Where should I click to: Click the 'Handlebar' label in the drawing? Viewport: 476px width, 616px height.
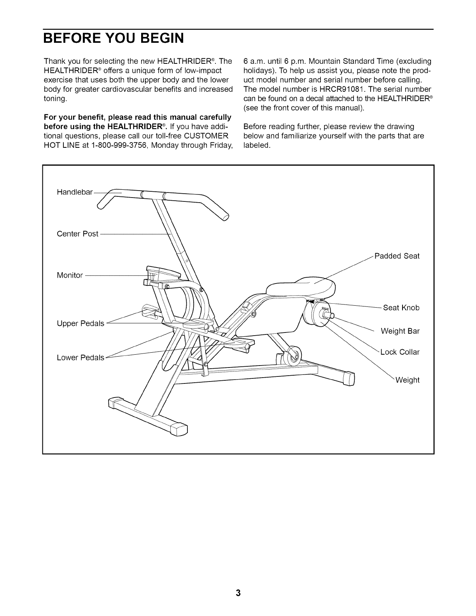click(75, 192)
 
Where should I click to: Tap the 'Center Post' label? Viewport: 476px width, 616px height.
click(77, 234)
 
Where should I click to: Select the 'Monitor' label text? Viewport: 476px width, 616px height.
click(70, 275)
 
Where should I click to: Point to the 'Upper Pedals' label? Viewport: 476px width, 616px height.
click(80, 324)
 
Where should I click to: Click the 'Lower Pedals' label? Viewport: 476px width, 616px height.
click(80, 357)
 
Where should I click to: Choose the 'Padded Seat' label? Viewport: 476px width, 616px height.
click(397, 256)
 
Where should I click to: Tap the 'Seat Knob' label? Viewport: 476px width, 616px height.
click(401, 308)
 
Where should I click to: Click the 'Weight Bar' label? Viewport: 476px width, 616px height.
click(400, 331)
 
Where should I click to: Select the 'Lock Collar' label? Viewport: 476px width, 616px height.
click(400, 352)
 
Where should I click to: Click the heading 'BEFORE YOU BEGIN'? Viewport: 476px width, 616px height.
click(113, 39)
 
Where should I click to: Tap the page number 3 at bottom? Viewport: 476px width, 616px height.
click(238, 593)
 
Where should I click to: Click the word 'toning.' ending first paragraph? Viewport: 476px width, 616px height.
click(56, 99)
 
